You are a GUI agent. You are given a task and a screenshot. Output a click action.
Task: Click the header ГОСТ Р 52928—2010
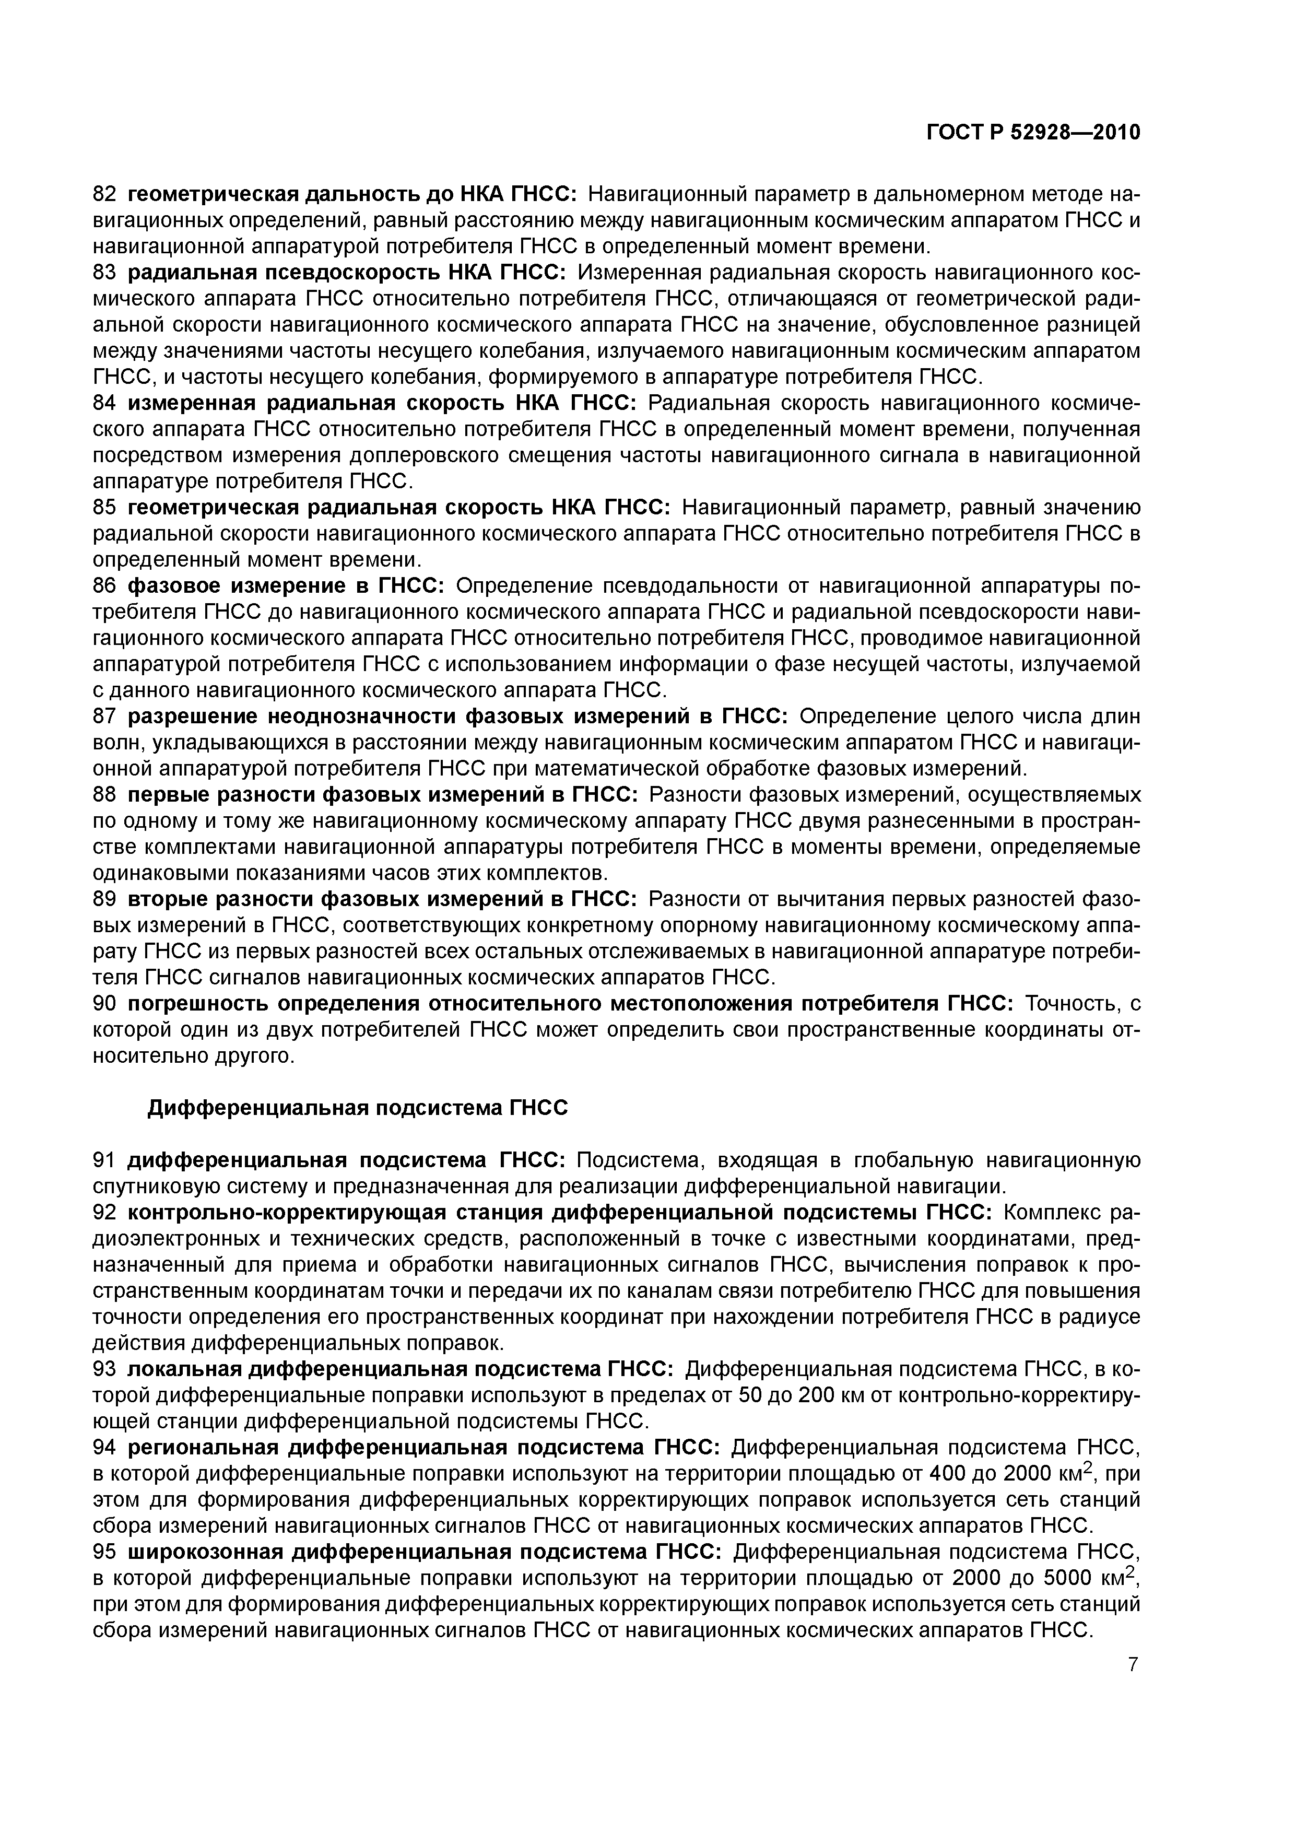(x=1033, y=133)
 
